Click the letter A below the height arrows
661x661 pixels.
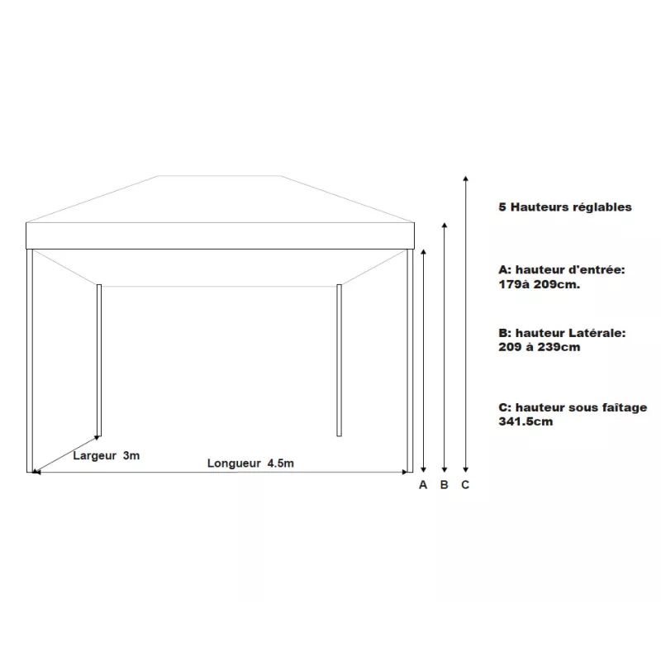pyautogui.click(x=423, y=485)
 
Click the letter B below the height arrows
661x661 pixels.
pyautogui.click(x=445, y=485)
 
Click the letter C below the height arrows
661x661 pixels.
pyautogui.click(x=465, y=485)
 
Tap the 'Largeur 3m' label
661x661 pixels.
pyautogui.click(x=106, y=456)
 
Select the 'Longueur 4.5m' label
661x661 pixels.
pyautogui.click(x=250, y=464)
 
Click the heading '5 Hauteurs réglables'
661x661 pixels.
pyautogui.click(x=565, y=207)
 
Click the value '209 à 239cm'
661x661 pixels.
pyautogui.click(x=540, y=347)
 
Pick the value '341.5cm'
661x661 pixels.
pyautogui.click(x=526, y=421)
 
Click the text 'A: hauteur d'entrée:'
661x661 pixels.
pyautogui.click(x=562, y=270)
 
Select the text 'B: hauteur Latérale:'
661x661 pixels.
pyautogui.click(x=562, y=333)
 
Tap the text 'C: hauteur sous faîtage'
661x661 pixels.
pyautogui.click(x=573, y=407)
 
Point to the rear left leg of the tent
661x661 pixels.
pyautogui.click(x=99, y=359)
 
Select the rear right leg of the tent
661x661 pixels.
pyautogui.click(x=339, y=359)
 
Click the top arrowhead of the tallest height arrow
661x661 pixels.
pyautogui.click(x=466, y=178)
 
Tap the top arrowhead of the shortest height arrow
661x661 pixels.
pyautogui.click(x=424, y=250)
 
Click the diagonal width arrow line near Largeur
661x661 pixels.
pyautogui.click(x=66, y=454)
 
